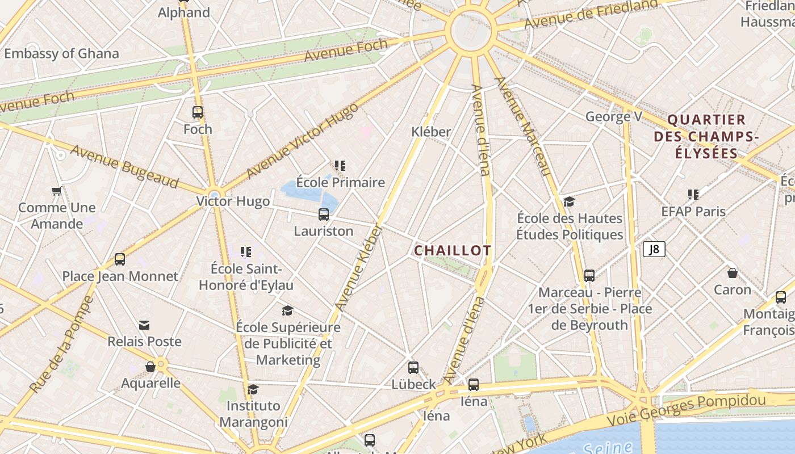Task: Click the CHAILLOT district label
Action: (453, 250)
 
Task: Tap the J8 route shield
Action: (654, 249)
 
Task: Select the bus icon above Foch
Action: (198, 112)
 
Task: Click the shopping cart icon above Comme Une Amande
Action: (56, 191)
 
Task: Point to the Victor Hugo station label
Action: (233, 201)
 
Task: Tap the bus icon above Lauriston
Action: (324, 215)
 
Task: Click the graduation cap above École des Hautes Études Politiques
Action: (569, 201)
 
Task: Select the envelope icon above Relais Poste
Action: (144, 325)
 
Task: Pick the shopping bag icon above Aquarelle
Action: (150, 367)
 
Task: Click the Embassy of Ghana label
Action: (61, 54)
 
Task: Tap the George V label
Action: (614, 117)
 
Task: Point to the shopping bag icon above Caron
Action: (733, 273)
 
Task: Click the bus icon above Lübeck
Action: (413, 368)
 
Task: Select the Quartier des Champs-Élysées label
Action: (706, 136)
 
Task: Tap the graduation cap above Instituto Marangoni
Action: (253, 389)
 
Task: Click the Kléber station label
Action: (431, 132)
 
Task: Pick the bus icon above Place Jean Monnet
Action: (120, 259)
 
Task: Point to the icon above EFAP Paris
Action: (693, 195)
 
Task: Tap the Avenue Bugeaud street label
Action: (124, 166)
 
